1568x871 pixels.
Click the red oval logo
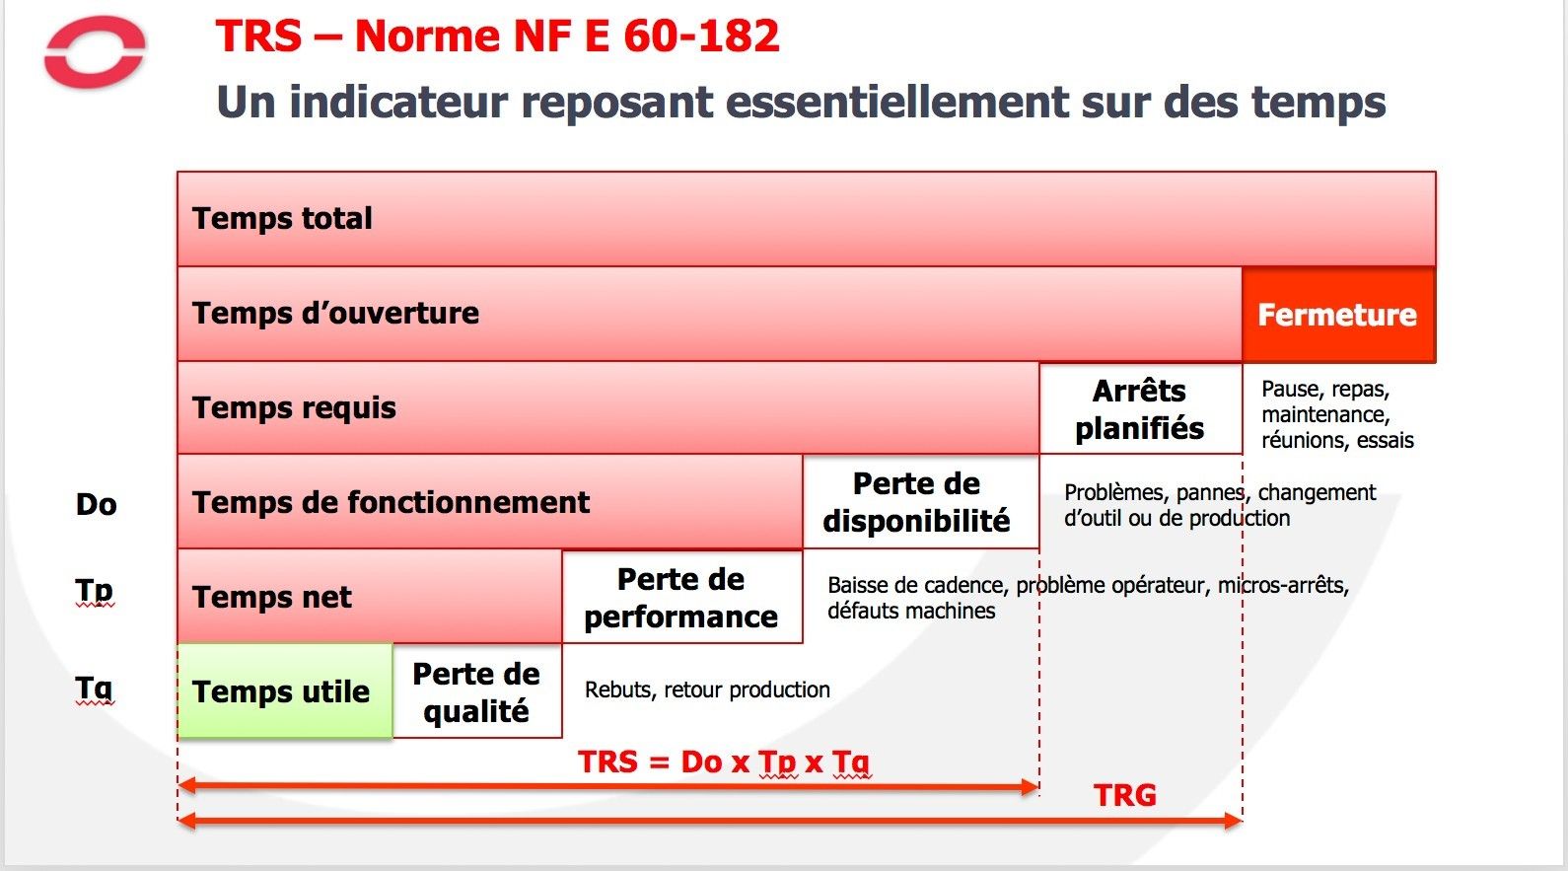click(x=96, y=74)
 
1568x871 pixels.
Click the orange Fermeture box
click(x=1338, y=315)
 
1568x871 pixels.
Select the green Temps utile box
click(x=285, y=691)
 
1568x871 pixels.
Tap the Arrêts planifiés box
click(x=1140, y=409)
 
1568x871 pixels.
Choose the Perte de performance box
click(x=681, y=597)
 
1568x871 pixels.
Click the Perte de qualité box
click(x=476, y=691)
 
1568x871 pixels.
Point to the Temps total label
click(x=282, y=218)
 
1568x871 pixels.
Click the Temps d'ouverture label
click(x=336, y=313)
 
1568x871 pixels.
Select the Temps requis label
click(x=294, y=408)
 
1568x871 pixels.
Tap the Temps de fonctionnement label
click(x=391, y=502)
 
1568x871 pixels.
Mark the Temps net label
click(x=271, y=597)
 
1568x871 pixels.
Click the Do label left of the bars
click(x=96, y=504)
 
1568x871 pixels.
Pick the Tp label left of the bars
click(x=94, y=592)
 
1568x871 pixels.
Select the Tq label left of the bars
click(x=94, y=689)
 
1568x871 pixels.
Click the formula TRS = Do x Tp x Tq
click(x=724, y=762)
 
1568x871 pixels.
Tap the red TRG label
click(x=1125, y=795)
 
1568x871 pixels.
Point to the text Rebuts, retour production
click(x=707, y=690)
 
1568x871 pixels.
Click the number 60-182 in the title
click(x=701, y=36)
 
